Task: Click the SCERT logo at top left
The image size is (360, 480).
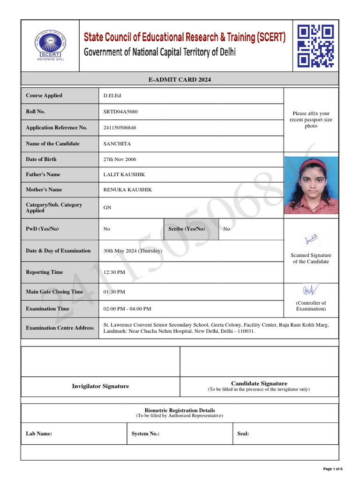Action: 50,45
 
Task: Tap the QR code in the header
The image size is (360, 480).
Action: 315,46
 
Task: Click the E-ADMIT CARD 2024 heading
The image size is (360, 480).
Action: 180,80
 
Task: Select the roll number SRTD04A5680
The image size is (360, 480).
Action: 120,112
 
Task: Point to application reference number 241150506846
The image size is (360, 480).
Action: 120,128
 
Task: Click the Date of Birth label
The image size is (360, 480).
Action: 41,159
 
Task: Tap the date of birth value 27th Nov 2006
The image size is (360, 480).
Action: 120,159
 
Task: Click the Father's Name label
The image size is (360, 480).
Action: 43,174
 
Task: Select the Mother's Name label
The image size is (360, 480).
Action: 44,190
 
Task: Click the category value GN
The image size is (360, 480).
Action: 107,208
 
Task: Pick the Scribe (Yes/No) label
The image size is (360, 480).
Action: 187,229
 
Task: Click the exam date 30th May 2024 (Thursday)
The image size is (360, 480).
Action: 133,251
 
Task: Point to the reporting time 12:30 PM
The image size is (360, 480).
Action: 114,272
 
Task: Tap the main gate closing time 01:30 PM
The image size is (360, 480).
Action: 114,292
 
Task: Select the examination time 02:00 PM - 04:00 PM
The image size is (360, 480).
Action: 127,309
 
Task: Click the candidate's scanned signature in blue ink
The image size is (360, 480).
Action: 311,239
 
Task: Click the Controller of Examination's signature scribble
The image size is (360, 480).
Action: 311,290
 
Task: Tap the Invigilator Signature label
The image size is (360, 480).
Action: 100,386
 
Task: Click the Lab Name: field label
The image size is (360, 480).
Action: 39,434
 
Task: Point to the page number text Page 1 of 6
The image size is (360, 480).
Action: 333,469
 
